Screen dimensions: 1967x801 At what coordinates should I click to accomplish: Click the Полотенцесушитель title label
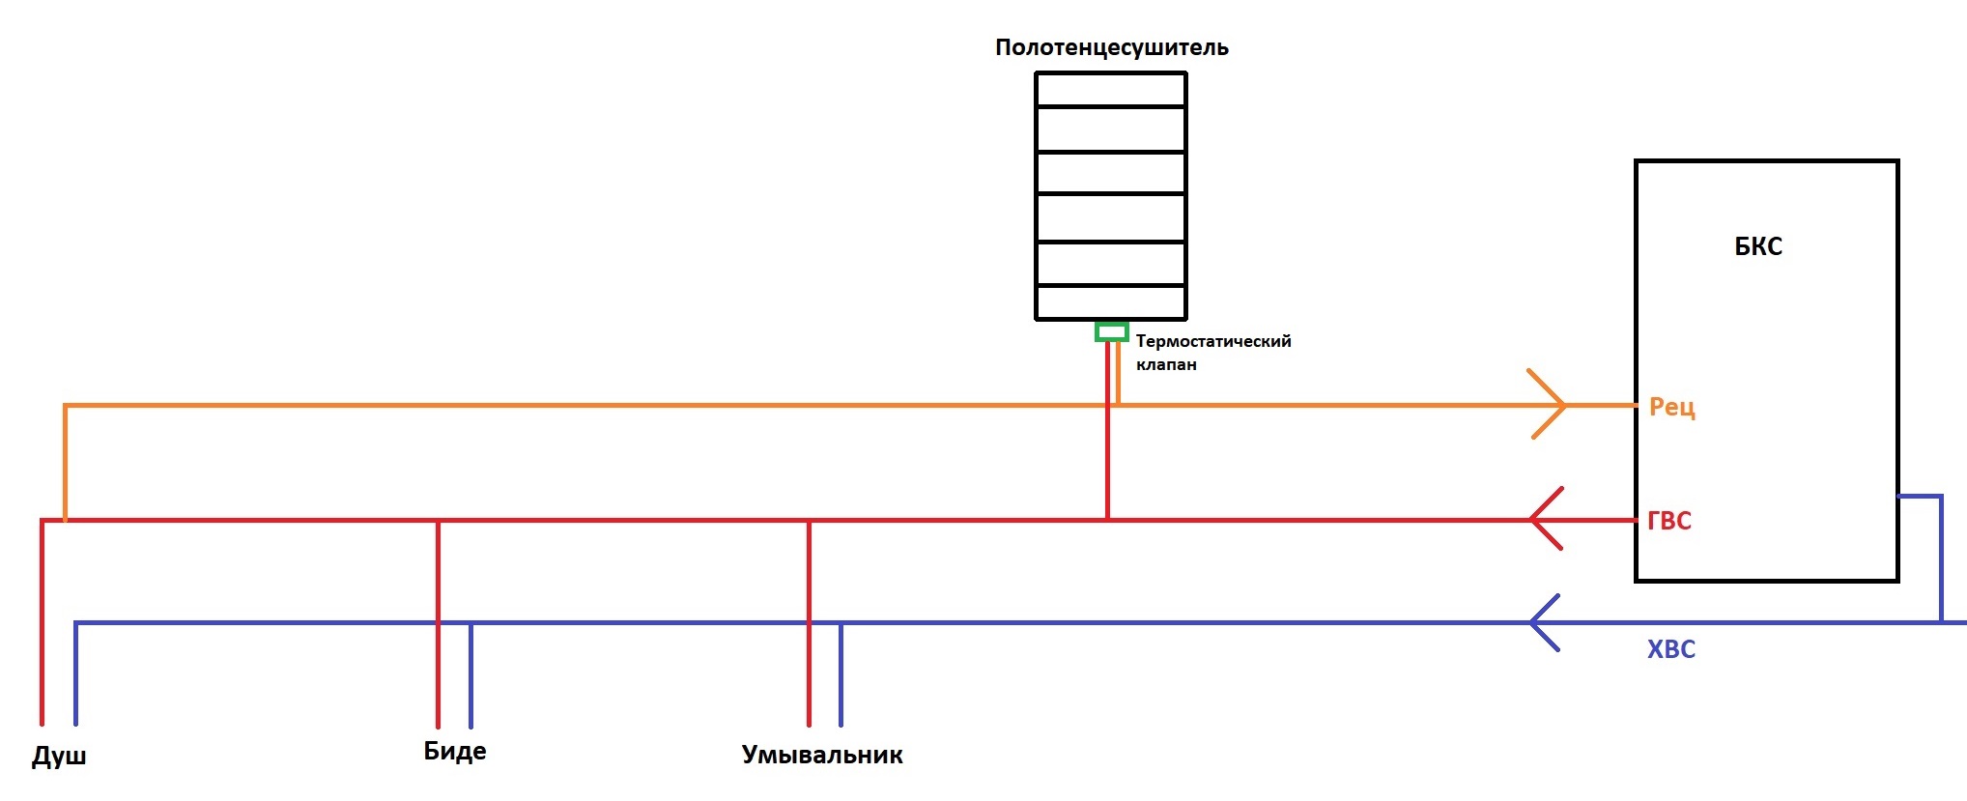click(1112, 48)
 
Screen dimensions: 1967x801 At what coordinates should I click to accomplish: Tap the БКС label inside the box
click(1758, 246)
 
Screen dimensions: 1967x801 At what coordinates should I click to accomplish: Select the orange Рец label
click(1672, 407)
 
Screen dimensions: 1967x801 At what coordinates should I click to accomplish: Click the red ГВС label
click(1669, 521)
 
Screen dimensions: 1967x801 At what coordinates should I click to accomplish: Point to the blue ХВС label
click(1671, 649)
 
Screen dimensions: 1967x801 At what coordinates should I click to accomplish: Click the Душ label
click(59, 756)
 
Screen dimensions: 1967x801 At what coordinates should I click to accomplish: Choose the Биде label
click(455, 751)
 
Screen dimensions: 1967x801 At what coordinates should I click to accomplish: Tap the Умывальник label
click(822, 755)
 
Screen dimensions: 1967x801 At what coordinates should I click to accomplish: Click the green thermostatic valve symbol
click(1111, 331)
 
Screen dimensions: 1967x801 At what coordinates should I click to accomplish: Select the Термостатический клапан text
click(1213, 353)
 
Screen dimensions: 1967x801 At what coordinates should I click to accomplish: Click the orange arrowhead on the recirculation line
click(1546, 404)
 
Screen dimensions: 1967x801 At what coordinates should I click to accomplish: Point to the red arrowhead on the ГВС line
click(1546, 519)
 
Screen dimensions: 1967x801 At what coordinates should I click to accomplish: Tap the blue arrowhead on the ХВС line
click(1545, 622)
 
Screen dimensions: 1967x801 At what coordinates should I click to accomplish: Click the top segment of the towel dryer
click(1111, 90)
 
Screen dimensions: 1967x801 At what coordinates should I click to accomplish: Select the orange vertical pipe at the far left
click(65, 463)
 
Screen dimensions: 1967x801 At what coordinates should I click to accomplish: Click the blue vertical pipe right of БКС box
click(1940, 558)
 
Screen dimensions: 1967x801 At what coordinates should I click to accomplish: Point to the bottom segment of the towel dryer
click(1111, 302)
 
